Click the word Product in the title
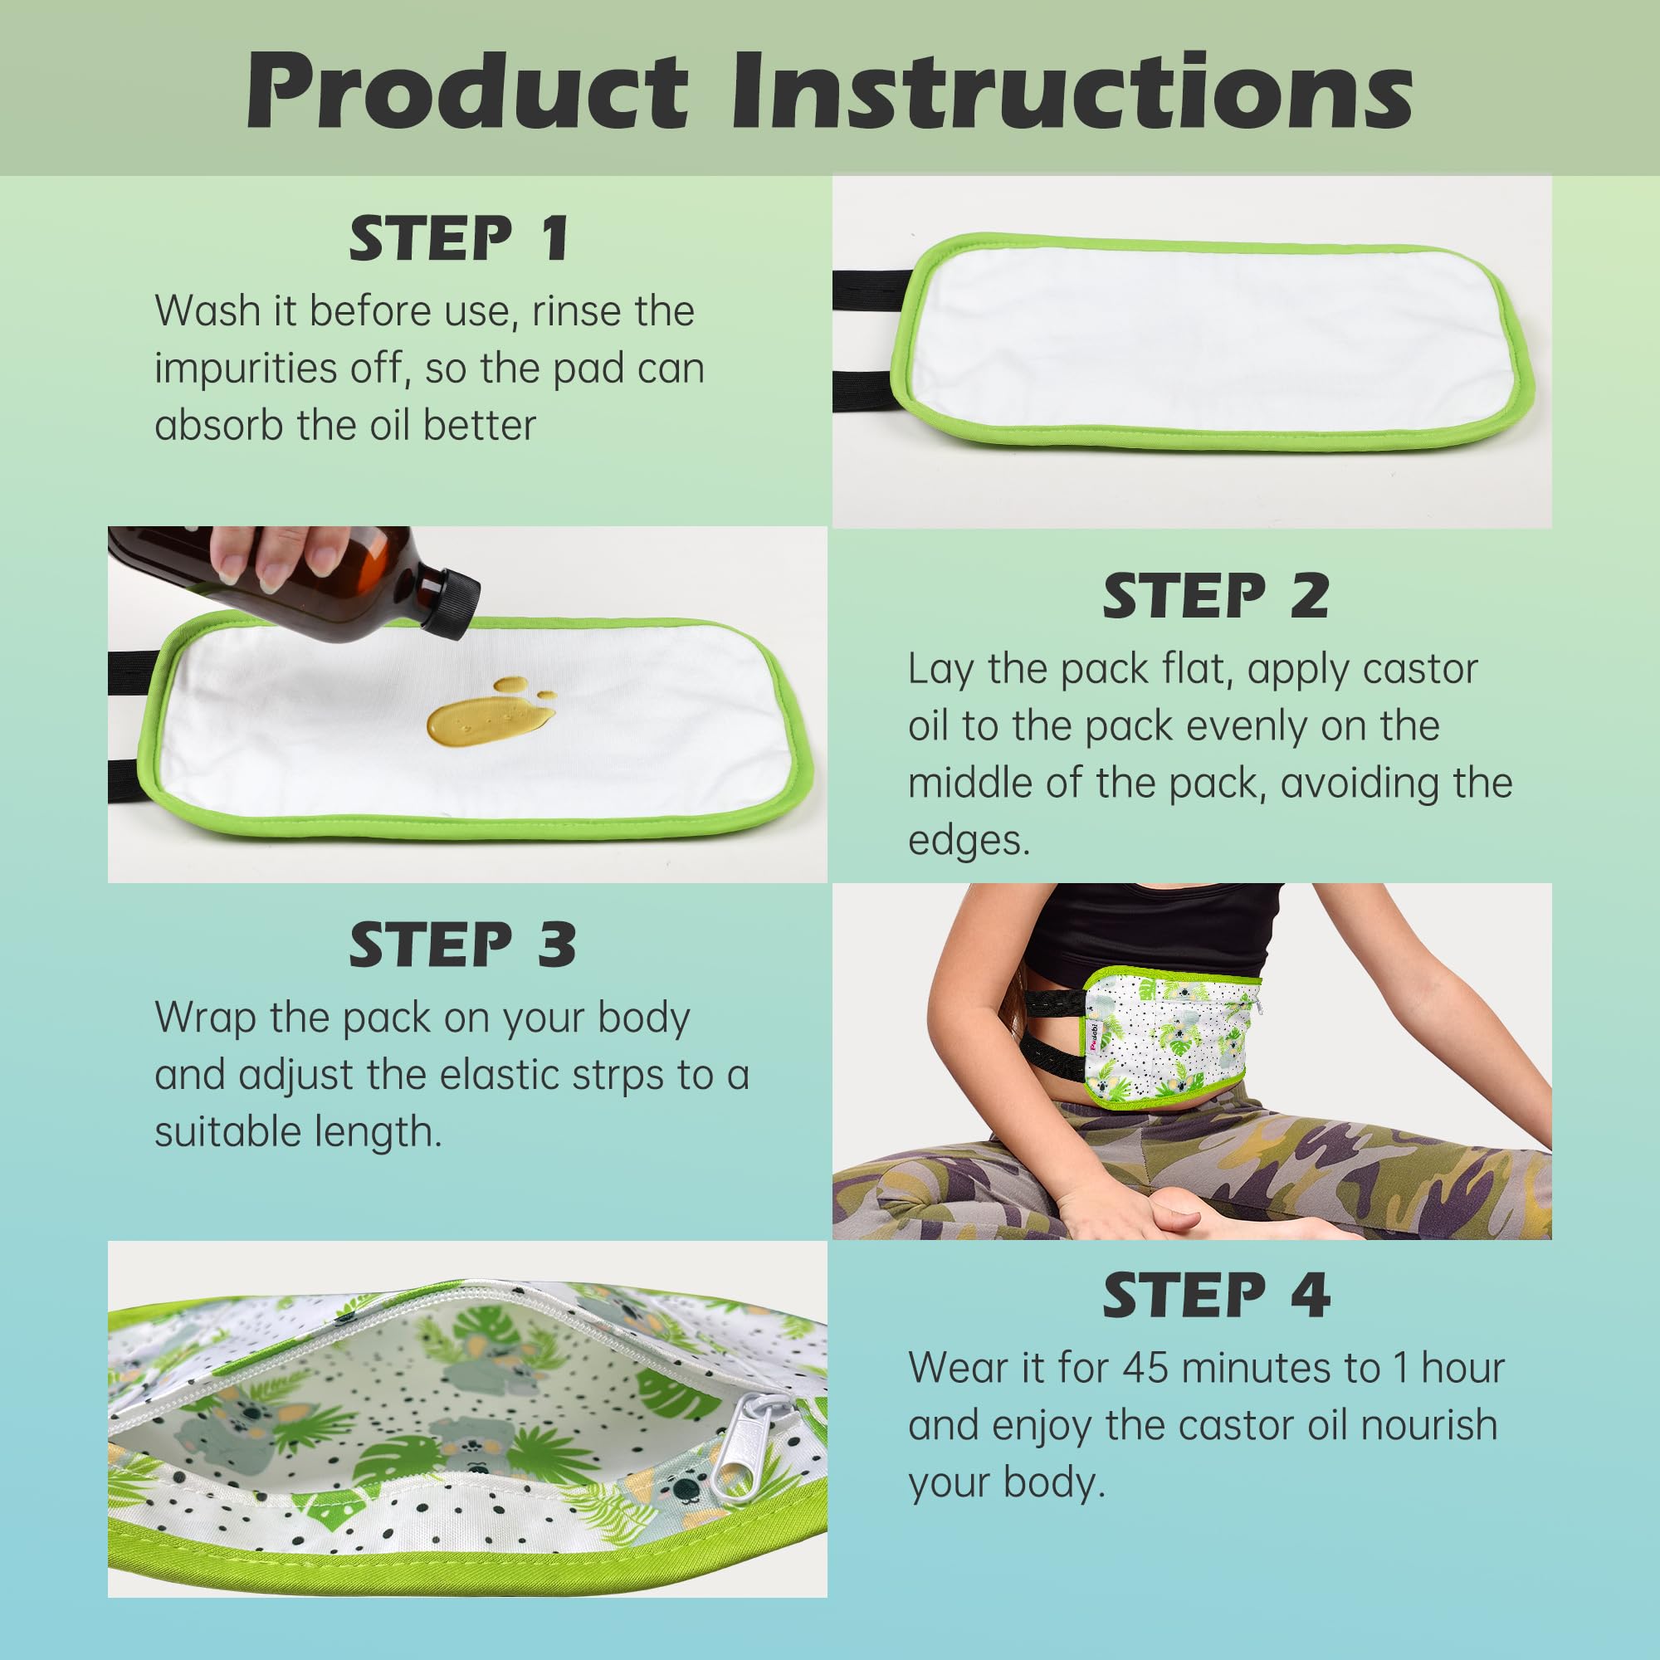click(467, 91)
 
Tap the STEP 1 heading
click(459, 239)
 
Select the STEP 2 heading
click(1216, 595)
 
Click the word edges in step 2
click(968, 839)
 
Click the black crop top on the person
click(1151, 931)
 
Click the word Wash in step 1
click(209, 311)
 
